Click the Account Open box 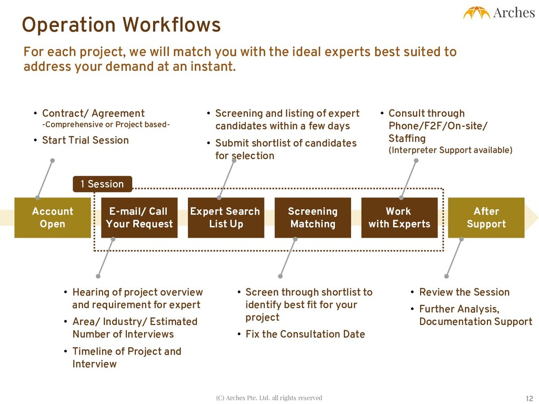click(52, 218)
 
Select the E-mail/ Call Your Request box click(139, 218)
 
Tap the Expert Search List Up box click(225, 218)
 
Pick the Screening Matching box click(313, 218)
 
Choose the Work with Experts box click(399, 218)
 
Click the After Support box click(486, 218)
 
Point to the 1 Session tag click(102, 184)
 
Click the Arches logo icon click(476, 13)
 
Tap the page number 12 click(530, 398)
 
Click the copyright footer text click(269, 398)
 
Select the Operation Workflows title click(121, 25)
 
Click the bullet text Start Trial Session click(85, 140)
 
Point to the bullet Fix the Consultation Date click(305, 335)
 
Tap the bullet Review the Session click(464, 292)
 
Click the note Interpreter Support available click(450, 150)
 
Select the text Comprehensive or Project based click(106, 125)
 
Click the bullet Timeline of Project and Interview click(126, 358)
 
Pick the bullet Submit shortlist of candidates click(285, 149)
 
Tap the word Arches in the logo click(514, 13)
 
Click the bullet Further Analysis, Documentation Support click(475, 316)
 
